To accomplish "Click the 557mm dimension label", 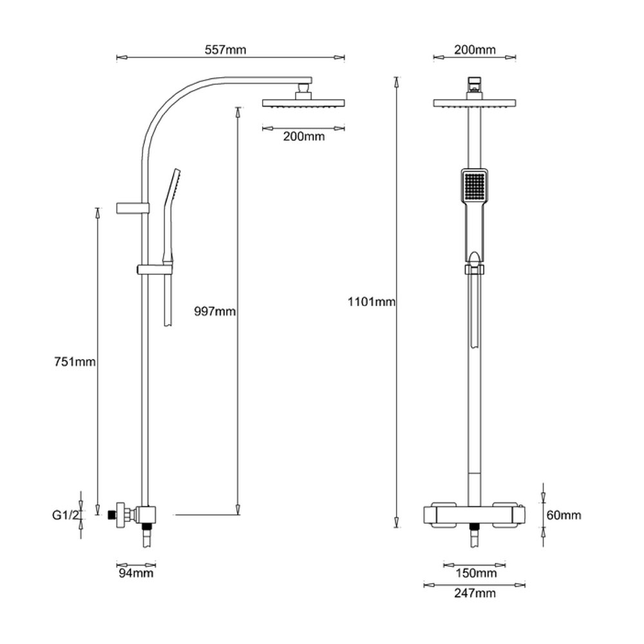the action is click(x=225, y=50).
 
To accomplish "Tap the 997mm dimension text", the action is click(x=215, y=311).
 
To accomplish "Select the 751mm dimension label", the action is click(x=75, y=362).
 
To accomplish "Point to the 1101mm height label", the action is click(x=372, y=302).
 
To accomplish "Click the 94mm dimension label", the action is click(x=136, y=573).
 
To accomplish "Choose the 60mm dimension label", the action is click(x=564, y=515).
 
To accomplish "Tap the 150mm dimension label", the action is click(x=476, y=573).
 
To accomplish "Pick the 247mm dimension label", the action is click(x=475, y=593).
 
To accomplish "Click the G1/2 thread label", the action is click(x=65, y=515).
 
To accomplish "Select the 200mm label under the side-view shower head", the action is click(x=304, y=137).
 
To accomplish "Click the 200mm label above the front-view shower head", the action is click(x=475, y=50).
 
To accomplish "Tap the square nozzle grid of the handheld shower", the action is click(x=475, y=185).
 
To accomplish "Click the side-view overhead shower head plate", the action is click(x=303, y=103).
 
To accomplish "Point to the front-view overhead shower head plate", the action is click(x=475, y=103).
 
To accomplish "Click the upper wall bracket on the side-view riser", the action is click(x=133, y=208).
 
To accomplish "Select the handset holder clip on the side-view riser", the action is click(x=155, y=270).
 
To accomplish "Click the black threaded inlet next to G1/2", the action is click(x=111, y=515).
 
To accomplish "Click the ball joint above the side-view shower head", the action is click(x=303, y=88).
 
